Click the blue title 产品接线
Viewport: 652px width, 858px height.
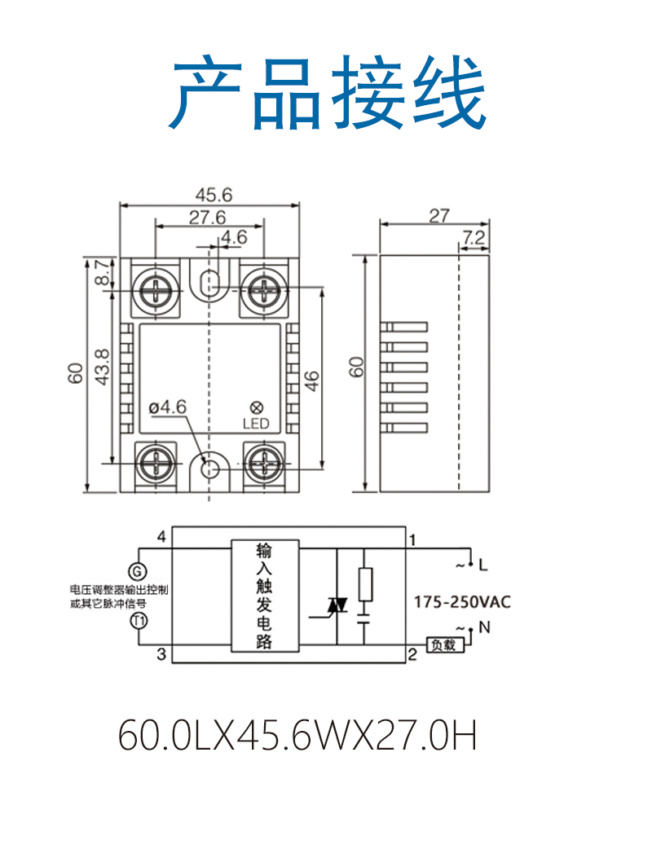click(328, 92)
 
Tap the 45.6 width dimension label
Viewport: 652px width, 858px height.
click(214, 195)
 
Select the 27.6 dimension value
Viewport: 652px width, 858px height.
click(208, 218)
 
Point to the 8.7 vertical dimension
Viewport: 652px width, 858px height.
click(102, 272)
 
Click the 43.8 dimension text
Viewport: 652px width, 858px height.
click(103, 367)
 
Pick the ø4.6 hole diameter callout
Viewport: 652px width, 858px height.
click(168, 407)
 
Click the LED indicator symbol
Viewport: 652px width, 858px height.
click(256, 407)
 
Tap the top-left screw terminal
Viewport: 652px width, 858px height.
click(156, 288)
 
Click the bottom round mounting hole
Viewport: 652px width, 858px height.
click(209, 469)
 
